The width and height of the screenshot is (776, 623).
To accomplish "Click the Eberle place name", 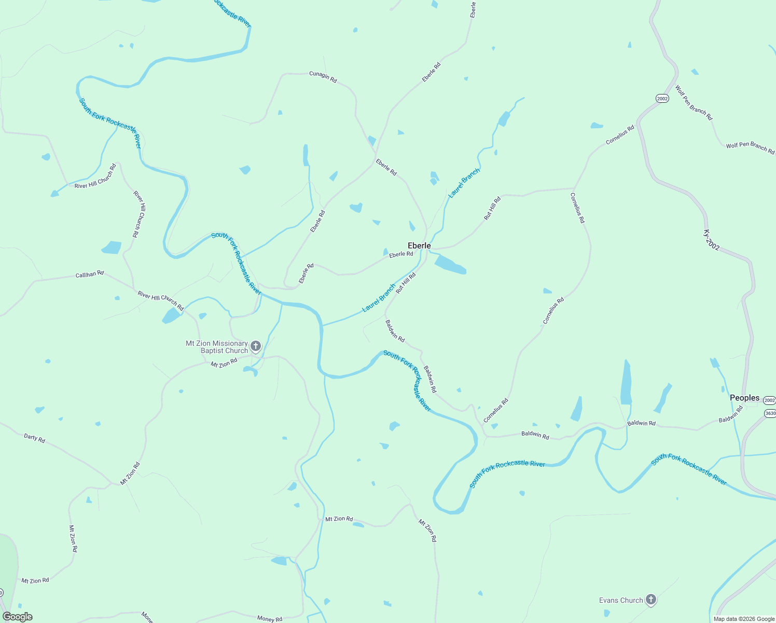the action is point(419,246).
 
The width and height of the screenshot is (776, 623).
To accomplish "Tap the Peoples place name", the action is point(744,398).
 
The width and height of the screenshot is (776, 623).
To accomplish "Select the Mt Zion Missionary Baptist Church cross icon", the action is point(255,346).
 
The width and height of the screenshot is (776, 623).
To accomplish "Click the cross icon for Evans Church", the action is point(651,600).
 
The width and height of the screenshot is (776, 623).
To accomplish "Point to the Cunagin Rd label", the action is point(323,76).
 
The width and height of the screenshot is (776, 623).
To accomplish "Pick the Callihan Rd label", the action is point(90,274).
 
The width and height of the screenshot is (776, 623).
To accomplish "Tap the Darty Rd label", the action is point(34,438).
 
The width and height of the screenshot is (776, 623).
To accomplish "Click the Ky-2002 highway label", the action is point(712,240).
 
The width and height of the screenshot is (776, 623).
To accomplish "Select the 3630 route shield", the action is point(770,413).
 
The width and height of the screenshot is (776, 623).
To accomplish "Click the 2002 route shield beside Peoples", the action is point(769,400).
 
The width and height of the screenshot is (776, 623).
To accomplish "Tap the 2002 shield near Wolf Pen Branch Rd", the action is point(662,98).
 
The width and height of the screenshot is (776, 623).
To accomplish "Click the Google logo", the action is point(18,617).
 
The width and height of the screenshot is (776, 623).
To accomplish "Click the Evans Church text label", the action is point(621,600).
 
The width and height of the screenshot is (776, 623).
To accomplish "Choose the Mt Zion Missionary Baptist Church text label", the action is point(217,347).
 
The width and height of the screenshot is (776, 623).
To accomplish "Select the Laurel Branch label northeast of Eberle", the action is point(464,182).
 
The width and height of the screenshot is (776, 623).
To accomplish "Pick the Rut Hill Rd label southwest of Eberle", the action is point(406,283).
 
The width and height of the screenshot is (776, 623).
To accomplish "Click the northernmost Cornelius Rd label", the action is point(620,135).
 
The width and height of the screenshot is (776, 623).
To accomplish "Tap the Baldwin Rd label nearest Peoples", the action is point(730,414).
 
